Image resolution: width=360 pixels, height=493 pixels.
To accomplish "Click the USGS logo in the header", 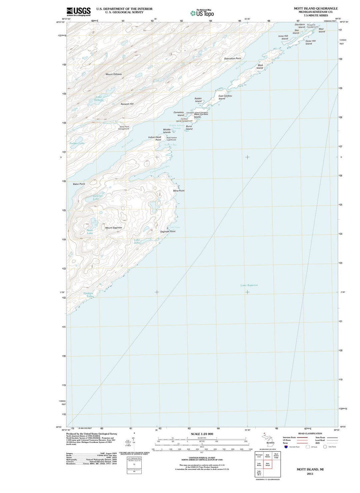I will (x=79, y=12).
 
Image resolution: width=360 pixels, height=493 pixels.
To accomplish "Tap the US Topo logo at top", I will (x=202, y=13).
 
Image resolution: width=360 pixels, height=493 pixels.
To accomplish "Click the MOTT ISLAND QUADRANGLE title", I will (x=315, y=8).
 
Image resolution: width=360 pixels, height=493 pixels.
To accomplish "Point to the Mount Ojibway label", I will (x=114, y=74).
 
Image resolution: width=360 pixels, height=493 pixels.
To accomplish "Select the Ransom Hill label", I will (x=127, y=104).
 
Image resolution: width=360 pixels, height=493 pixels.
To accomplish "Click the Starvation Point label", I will (x=232, y=58).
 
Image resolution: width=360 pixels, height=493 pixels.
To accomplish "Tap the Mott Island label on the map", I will (x=260, y=67).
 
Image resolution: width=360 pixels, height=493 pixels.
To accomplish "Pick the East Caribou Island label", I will (x=225, y=97).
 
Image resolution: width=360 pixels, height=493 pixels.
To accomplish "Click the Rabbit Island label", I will (x=198, y=100).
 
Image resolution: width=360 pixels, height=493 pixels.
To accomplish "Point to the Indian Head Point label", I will (x=155, y=138).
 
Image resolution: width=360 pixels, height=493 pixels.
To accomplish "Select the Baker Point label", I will (x=79, y=184).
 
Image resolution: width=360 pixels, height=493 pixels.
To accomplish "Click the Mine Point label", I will (x=179, y=191).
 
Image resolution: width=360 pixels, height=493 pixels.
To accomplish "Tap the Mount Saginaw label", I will (x=113, y=228).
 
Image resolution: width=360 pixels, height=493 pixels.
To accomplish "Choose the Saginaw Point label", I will (x=168, y=231).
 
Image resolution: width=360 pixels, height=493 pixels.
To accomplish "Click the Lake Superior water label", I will (x=249, y=285).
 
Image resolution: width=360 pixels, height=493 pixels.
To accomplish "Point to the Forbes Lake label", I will (x=77, y=143).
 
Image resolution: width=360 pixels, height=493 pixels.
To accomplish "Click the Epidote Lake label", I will (x=89, y=295).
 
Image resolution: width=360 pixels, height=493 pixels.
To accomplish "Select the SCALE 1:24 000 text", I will (x=202, y=434).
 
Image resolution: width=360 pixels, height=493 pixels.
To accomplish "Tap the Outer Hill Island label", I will (x=310, y=42).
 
